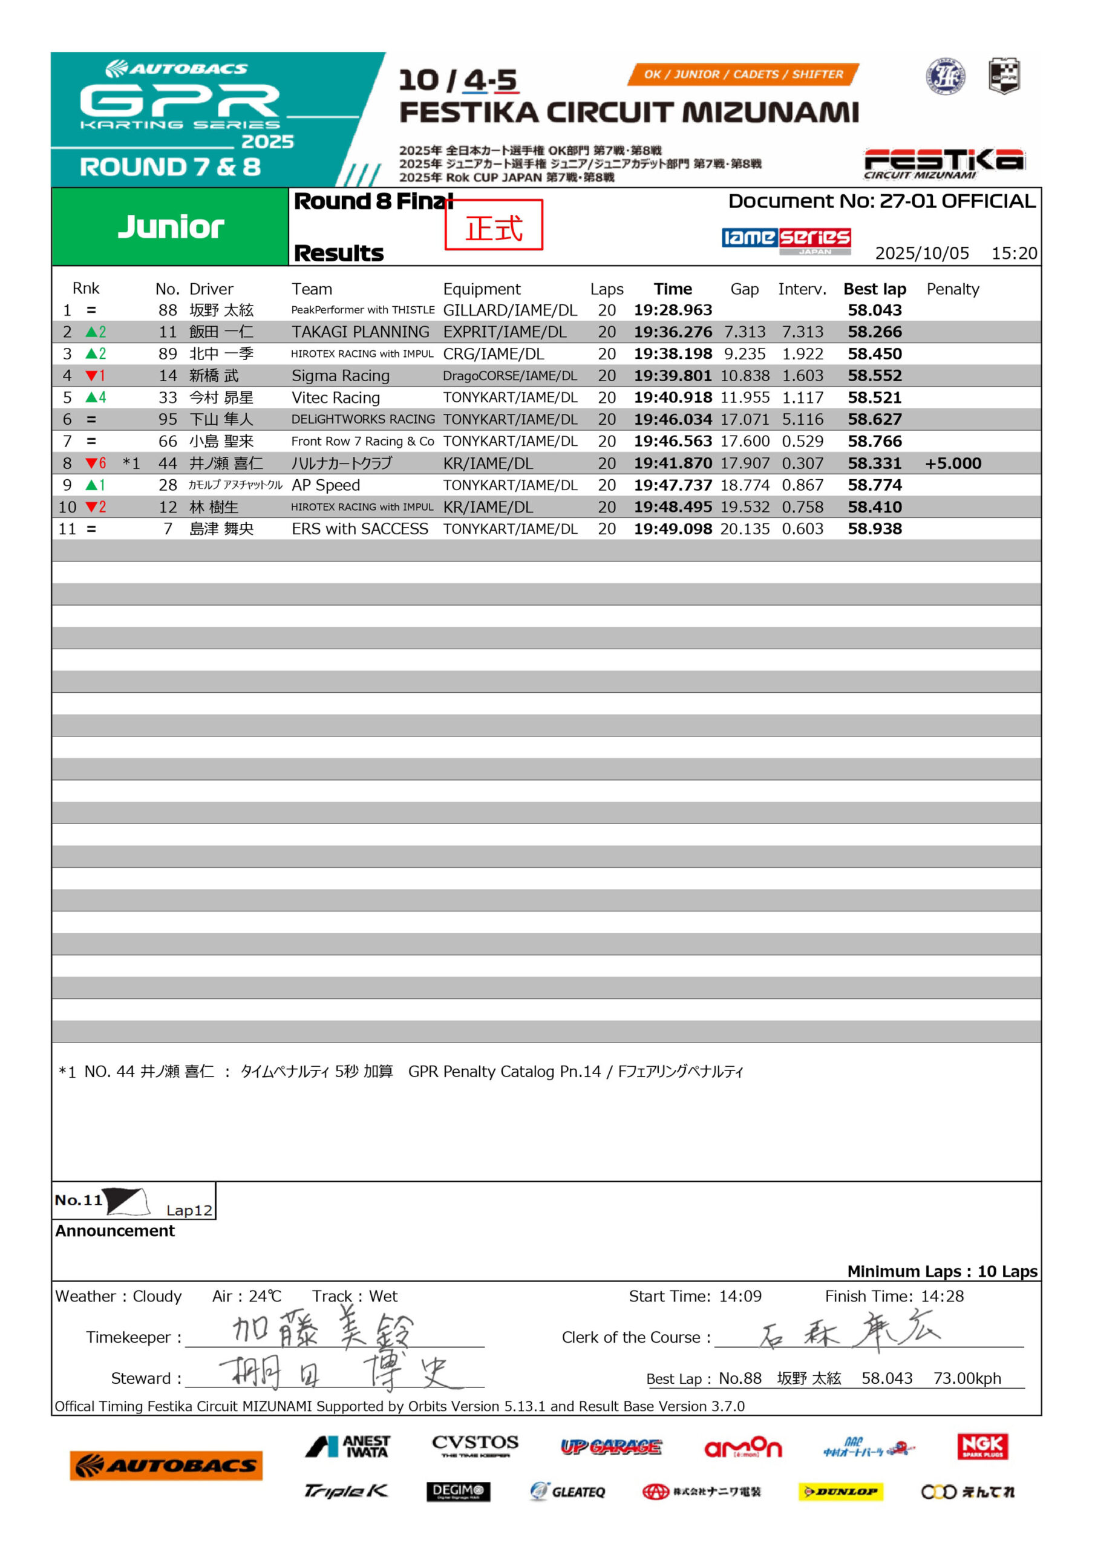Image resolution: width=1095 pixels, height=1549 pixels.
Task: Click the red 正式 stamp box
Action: click(493, 225)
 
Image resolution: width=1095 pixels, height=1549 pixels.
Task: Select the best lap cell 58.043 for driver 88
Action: click(874, 310)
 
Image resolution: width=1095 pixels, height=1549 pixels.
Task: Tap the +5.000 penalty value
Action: click(953, 463)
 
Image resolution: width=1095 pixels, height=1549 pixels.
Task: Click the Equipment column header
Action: click(481, 289)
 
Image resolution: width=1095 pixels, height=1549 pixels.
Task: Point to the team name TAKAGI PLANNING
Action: click(361, 332)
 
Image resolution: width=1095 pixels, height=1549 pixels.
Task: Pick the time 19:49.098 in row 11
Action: click(672, 529)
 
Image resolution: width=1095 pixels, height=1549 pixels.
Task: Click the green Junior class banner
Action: click(170, 227)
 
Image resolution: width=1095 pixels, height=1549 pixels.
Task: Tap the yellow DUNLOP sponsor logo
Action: click(840, 1492)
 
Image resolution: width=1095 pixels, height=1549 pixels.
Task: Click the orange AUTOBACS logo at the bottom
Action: click(166, 1465)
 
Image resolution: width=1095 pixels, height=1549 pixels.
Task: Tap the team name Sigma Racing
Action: click(340, 376)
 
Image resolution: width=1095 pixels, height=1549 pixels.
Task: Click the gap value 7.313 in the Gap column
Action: click(744, 332)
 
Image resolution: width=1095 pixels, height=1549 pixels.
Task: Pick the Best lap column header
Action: click(874, 289)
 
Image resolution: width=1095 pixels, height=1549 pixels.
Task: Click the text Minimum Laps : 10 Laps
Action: click(942, 1271)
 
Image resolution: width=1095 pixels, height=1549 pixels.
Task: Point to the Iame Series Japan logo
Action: click(785, 240)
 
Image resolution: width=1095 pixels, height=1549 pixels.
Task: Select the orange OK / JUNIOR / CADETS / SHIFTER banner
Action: click(743, 74)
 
